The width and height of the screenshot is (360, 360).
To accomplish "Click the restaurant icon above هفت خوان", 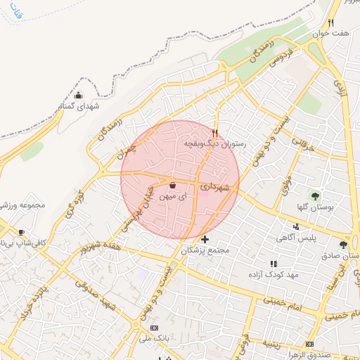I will pos(330,22).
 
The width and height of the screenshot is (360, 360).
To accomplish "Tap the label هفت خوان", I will pos(332,34).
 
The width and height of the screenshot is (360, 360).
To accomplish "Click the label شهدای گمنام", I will pos(76,106).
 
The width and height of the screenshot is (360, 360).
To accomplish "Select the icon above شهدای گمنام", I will pos(78,96).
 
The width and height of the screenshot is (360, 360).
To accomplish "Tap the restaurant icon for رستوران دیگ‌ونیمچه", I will pos(215,131).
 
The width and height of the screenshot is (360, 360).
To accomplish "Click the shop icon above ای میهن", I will pos(173,186).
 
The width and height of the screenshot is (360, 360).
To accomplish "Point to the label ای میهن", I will pos(173,198).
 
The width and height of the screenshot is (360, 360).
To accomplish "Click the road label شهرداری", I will pos(214,188).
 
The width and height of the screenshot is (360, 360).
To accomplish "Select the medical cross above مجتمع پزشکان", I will pos(205,240).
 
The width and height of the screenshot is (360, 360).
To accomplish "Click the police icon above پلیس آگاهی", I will pos(296,226).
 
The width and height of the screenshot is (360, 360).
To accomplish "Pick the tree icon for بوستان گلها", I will pos(315,195).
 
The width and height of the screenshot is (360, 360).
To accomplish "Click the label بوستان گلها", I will pos(315,207).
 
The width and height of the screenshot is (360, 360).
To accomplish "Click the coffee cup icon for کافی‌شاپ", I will pos(21,233).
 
